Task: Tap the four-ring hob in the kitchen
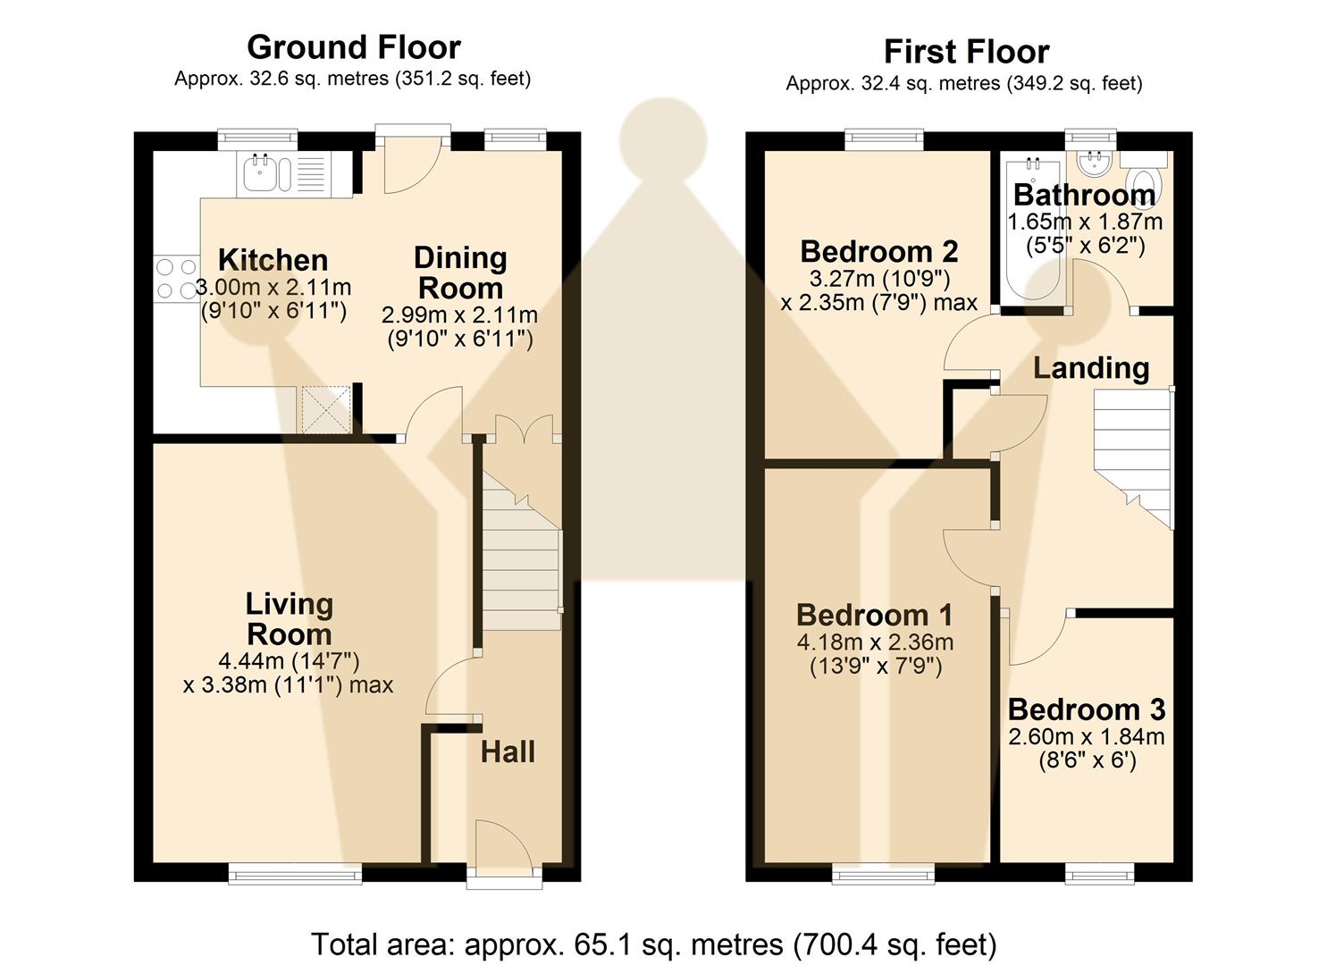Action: tap(176, 278)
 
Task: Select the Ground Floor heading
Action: tap(354, 46)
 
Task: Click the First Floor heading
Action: tap(966, 52)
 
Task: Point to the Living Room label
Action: tap(289, 618)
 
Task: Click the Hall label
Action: tap(508, 752)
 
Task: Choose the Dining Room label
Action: tap(460, 273)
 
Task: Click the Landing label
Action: tap(1091, 367)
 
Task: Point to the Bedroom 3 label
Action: tap(1087, 709)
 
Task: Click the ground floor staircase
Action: tap(521, 554)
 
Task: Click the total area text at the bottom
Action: tap(653, 944)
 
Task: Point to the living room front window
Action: tap(295, 873)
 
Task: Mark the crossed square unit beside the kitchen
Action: tap(326, 410)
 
